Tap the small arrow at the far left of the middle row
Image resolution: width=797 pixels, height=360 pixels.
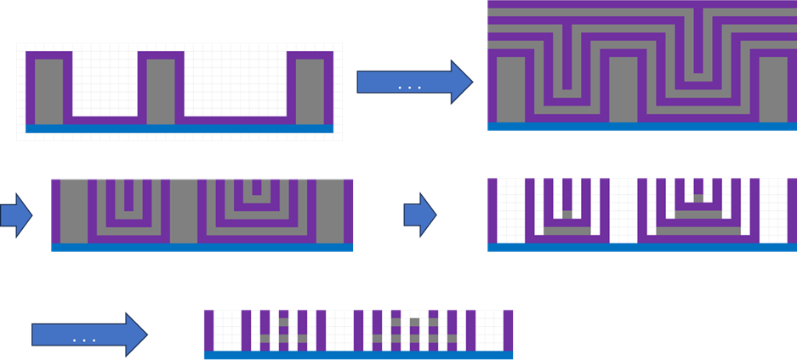[15, 216]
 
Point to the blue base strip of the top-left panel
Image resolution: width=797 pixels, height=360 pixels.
[179, 129]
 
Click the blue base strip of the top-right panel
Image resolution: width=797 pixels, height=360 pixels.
[642, 126]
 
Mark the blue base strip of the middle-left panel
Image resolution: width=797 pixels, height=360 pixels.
[202, 248]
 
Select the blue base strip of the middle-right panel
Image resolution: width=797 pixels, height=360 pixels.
[642, 248]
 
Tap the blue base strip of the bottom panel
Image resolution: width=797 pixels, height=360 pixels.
[358, 355]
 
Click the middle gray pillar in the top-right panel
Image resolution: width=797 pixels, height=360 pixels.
[623, 89]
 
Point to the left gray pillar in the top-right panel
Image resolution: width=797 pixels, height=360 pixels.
[511, 89]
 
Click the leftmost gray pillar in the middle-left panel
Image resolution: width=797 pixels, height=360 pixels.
[73, 210]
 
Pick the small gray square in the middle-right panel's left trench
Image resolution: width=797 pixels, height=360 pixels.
[567, 214]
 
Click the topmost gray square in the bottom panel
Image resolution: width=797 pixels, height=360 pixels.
[414, 321]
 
